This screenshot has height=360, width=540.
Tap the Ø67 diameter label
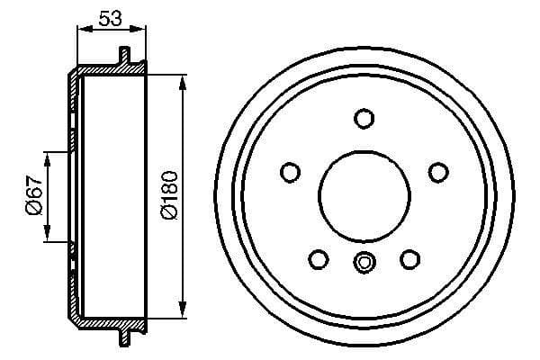(x=33, y=196)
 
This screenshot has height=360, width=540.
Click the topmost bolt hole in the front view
(x=364, y=118)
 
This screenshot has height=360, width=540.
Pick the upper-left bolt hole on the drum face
(x=290, y=171)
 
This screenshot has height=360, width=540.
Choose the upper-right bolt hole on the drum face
(x=438, y=171)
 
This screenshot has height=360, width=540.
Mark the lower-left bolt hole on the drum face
(x=318, y=259)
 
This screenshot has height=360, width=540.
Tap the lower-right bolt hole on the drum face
(x=410, y=259)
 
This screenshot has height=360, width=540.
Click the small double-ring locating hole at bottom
(x=364, y=263)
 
